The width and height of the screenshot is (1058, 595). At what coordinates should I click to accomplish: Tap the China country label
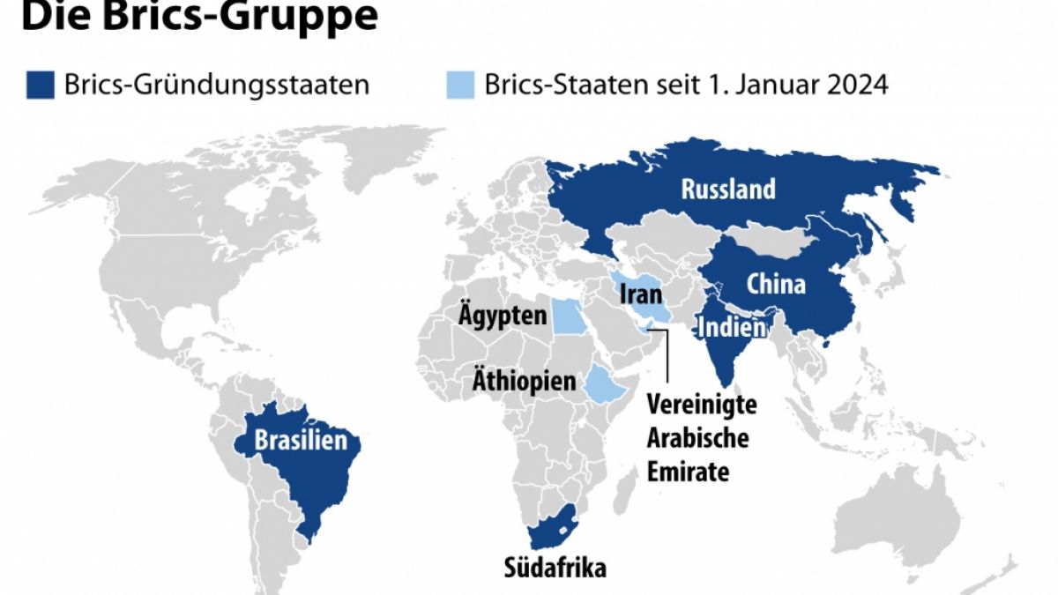776,284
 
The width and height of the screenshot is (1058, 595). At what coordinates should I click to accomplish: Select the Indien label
730,329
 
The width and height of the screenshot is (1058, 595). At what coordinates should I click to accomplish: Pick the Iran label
641,294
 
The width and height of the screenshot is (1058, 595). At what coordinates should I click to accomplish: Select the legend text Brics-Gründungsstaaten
216,86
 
